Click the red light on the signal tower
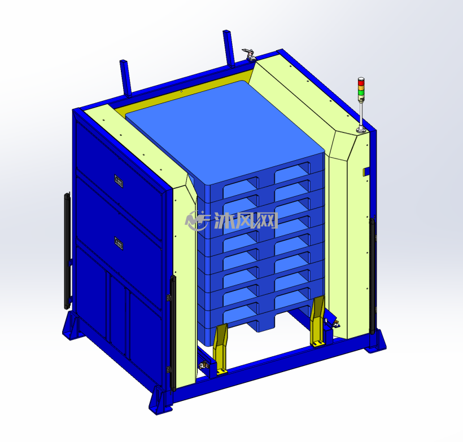point(361,81)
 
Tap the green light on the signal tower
point(361,92)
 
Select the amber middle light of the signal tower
point(361,87)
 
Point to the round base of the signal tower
point(361,130)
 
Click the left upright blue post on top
point(125,78)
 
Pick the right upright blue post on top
point(229,48)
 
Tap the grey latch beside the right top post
point(249,55)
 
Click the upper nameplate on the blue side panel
point(119,182)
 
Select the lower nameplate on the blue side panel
point(119,243)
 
